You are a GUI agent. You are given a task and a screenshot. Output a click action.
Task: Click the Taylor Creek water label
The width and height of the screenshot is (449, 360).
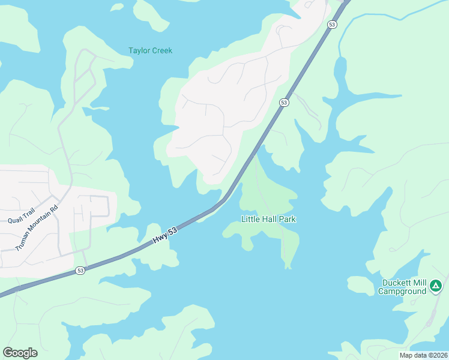[x=150, y=50]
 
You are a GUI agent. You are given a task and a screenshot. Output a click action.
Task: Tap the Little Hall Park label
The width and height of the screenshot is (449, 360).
[x=268, y=219]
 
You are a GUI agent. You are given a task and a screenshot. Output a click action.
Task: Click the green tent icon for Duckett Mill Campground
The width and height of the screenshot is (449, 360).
[x=436, y=286]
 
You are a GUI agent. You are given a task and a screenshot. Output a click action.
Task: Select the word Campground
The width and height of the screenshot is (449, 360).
[x=402, y=292]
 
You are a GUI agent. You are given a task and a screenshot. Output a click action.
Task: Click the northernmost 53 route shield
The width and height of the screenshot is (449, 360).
[x=332, y=25]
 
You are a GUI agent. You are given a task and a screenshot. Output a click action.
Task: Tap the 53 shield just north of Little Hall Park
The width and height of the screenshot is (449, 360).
[x=284, y=103]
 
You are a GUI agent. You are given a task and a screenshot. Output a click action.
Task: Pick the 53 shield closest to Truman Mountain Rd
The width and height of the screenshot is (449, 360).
[x=80, y=271]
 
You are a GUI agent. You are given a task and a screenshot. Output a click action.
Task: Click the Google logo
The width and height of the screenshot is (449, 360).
[x=20, y=352]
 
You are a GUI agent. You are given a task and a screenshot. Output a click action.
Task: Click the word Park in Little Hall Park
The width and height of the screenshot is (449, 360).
[x=287, y=219]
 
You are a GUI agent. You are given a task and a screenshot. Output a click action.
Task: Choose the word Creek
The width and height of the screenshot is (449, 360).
[x=161, y=50]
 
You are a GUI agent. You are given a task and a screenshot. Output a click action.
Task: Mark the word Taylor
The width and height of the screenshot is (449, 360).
[x=139, y=50]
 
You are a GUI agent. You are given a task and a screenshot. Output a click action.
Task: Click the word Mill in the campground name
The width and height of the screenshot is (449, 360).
[x=421, y=283]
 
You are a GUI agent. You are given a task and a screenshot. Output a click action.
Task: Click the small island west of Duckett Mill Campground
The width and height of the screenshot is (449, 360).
[x=360, y=285]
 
